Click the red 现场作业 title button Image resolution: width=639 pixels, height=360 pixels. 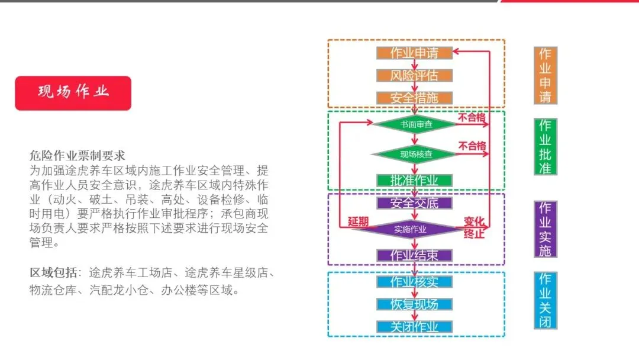point(73,92)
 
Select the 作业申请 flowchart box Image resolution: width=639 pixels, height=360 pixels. point(414,53)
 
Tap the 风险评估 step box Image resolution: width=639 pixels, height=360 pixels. point(414,75)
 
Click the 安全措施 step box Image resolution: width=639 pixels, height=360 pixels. point(414,98)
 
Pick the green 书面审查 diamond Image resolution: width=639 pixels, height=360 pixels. point(415,124)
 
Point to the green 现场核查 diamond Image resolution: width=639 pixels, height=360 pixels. point(415,154)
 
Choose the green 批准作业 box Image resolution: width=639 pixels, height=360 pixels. point(414,180)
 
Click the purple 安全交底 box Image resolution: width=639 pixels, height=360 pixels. point(414,203)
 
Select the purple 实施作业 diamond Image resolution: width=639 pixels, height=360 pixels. point(414,229)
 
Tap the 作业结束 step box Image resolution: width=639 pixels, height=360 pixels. point(414,255)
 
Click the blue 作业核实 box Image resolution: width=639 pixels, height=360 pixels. point(414,281)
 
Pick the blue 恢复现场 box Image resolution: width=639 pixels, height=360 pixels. point(414,304)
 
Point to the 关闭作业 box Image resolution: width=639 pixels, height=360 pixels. point(414,327)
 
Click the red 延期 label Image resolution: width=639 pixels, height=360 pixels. point(358,222)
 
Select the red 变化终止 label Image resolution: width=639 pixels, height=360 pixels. point(474,227)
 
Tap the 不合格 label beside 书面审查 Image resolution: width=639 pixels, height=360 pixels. point(472,117)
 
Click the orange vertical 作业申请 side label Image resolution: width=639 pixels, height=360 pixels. point(545,75)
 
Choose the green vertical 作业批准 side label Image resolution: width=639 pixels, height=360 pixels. point(545,146)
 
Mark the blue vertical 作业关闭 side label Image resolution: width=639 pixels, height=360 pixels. point(545,300)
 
